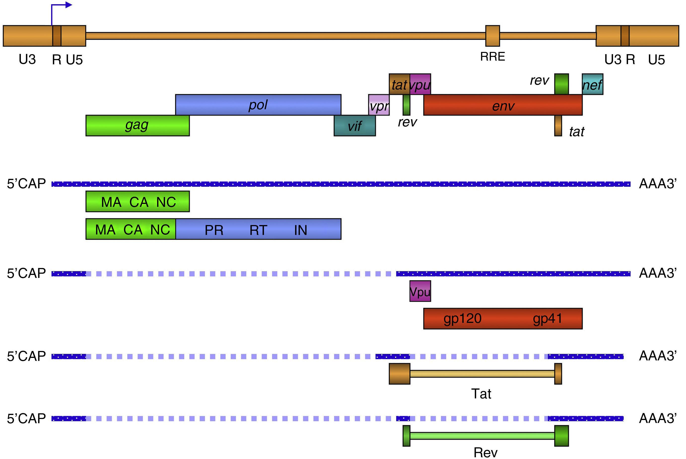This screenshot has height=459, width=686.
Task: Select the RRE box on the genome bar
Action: [492, 36]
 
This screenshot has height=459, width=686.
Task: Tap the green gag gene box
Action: [137, 126]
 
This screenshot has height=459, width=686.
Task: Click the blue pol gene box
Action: [258, 105]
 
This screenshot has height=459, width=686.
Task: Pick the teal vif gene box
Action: [355, 126]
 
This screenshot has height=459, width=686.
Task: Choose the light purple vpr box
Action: [378, 105]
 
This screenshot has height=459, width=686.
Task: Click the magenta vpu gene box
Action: [420, 84]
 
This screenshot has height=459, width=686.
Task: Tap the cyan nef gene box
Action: [592, 84]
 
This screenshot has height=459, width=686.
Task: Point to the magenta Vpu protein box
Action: [420, 291]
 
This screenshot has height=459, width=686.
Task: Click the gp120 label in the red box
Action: [462, 318]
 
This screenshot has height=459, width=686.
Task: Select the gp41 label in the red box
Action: [547, 318]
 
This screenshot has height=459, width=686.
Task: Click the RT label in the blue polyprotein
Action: [258, 230]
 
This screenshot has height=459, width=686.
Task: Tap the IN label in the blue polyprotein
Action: [301, 230]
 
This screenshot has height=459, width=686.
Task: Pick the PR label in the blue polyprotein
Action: [214, 230]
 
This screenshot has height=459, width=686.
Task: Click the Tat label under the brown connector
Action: [481, 394]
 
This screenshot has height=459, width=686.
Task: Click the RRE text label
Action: [492, 56]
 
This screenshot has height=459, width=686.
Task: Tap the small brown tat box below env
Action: [558, 126]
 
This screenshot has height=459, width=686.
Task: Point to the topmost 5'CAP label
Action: [26, 184]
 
